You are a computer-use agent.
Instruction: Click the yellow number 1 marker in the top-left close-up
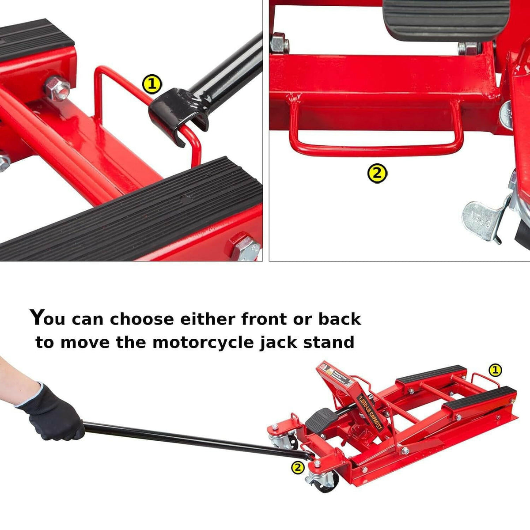click(x=152, y=84)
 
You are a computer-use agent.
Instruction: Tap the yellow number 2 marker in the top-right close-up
click(x=377, y=174)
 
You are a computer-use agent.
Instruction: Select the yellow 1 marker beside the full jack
click(x=495, y=370)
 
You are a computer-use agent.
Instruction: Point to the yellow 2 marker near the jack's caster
click(x=299, y=467)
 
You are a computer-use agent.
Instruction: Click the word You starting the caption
click(x=48, y=318)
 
